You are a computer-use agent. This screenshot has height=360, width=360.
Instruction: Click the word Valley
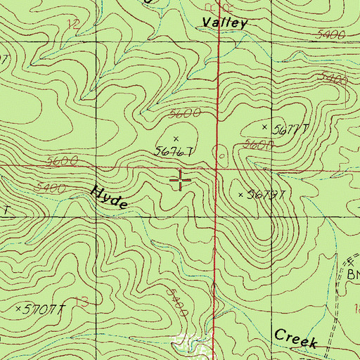(225, 22)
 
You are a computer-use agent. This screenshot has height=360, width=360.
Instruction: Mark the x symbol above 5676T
(175, 139)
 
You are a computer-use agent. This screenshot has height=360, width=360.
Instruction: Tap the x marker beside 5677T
(265, 127)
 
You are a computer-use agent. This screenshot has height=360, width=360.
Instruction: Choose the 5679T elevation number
(266, 195)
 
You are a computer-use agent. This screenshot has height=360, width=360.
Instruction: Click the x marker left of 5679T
(240, 194)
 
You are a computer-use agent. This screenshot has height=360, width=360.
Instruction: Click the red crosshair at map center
(181, 181)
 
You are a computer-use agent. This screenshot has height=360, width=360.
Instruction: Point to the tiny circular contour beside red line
(224, 150)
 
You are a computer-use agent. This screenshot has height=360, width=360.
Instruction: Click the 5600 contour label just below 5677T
(257, 146)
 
